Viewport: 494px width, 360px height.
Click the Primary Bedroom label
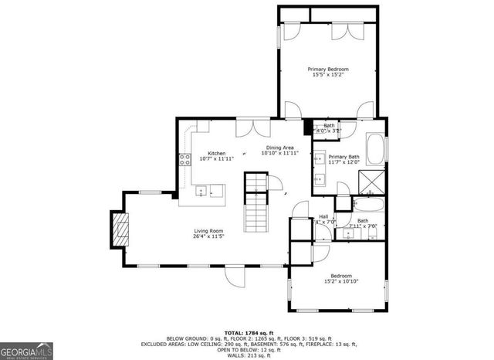[x=327, y=69]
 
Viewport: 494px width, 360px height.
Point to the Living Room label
[x=208, y=229]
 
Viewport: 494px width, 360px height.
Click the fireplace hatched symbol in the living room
[x=120, y=229]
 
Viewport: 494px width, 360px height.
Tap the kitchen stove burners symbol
[x=185, y=161]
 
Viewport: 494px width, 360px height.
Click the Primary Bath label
[x=343, y=156]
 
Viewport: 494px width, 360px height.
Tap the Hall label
[x=323, y=216]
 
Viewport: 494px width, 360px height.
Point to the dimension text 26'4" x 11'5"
[x=208, y=236]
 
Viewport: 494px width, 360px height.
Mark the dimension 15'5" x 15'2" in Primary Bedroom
[x=327, y=75]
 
